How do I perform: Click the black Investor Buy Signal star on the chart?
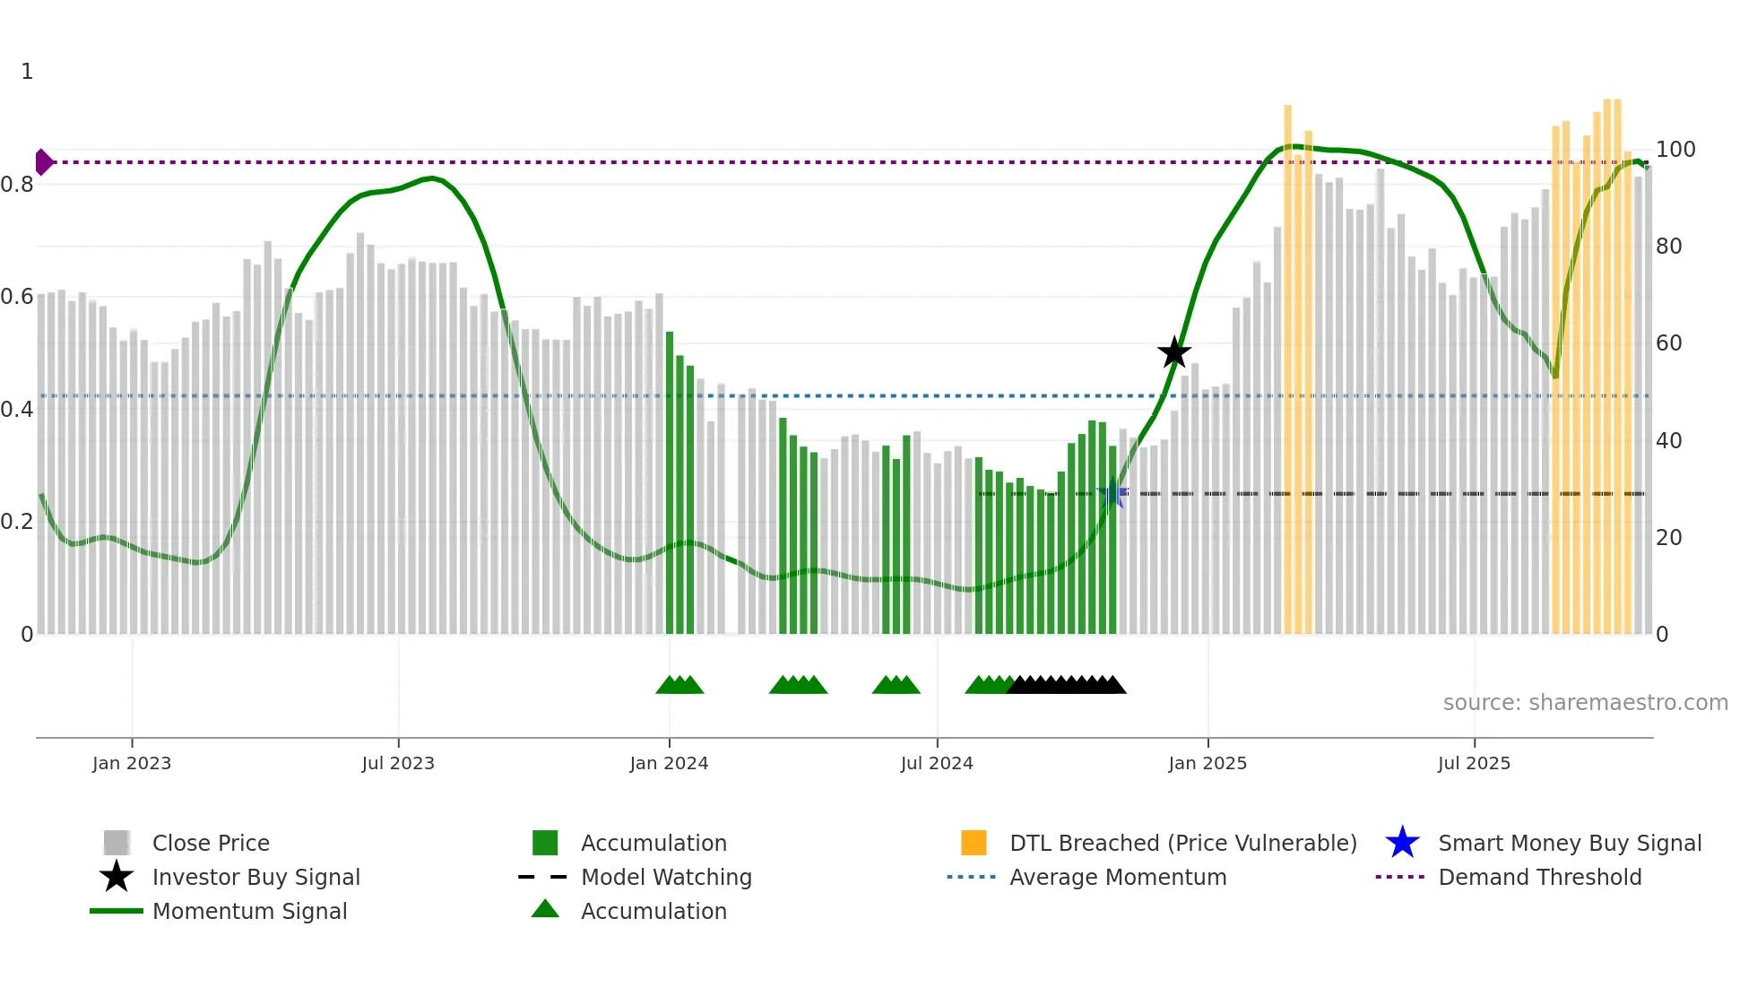pyautogui.click(x=1173, y=352)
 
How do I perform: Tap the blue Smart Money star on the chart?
pyautogui.click(x=1112, y=493)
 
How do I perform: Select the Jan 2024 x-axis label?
pyautogui.click(x=669, y=763)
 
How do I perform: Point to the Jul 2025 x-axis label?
pyautogui.click(x=1474, y=763)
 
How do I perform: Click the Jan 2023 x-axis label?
pyautogui.click(x=132, y=763)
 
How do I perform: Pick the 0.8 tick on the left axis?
pyautogui.click(x=17, y=185)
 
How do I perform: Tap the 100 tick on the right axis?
pyautogui.click(x=1675, y=150)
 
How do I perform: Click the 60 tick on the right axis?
pyautogui.click(x=1668, y=343)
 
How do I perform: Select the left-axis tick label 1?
pyautogui.click(x=27, y=72)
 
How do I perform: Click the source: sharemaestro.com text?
pyautogui.click(x=1585, y=703)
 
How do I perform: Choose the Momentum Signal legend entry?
pyautogui.click(x=249, y=911)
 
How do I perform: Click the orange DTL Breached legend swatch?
pyautogui.click(x=974, y=843)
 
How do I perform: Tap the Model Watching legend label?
pyautogui.click(x=666, y=877)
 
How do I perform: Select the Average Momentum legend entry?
pyautogui.click(x=1117, y=877)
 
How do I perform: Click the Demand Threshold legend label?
pyautogui.click(x=1539, y=877)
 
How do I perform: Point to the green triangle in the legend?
pyautogui.click(x=545, y=909)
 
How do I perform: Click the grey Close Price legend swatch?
pyautogui.click(x=117, y=843)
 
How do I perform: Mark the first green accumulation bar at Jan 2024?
pyautogui.click(x=670, y=484)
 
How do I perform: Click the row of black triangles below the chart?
pyautogui.click(x=1067, y=685)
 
